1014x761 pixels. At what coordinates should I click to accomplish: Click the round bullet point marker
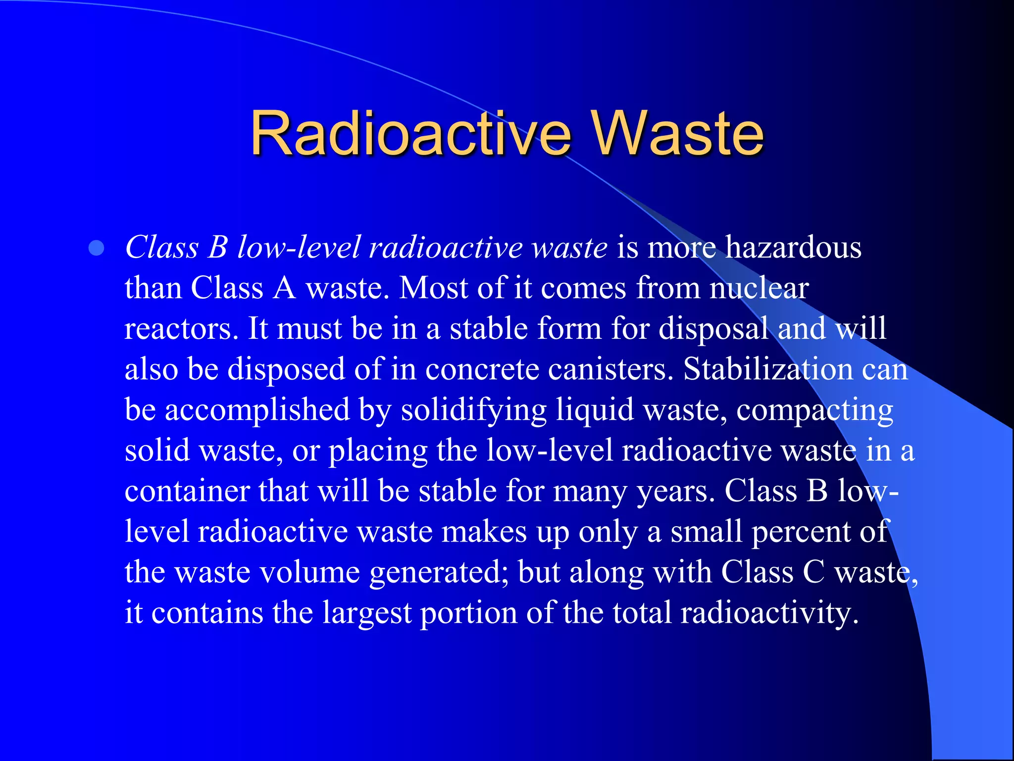point(97,248)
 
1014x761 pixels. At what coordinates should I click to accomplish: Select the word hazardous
point(793,247)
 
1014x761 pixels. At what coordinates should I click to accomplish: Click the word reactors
point(178,328)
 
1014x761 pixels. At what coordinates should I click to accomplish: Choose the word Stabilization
point(767,369)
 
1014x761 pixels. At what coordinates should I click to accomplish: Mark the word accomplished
point(257,411)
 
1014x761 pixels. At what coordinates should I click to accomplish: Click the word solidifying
point(474,411)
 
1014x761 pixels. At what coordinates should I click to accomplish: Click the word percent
point(801,533)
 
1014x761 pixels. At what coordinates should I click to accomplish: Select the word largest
point(367,614)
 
